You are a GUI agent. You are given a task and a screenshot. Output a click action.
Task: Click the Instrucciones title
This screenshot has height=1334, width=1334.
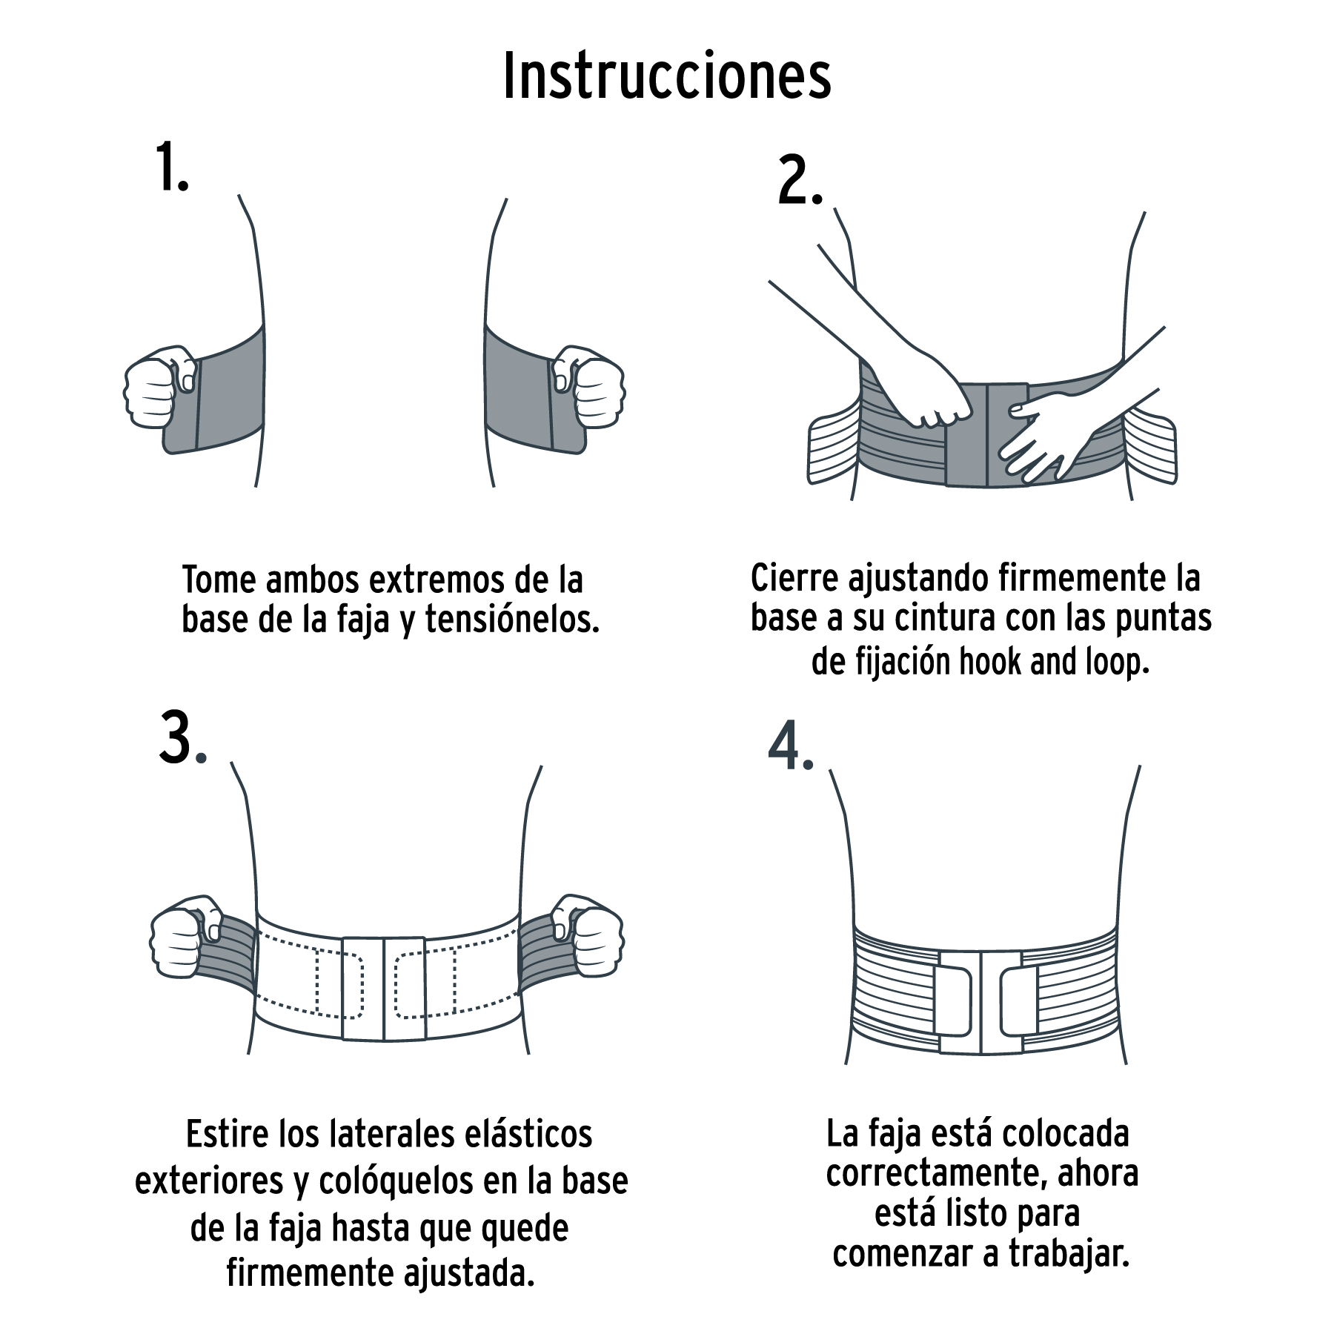click(x=667, y=76)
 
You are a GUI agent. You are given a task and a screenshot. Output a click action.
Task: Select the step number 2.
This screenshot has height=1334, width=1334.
click(x=799, y=182)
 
